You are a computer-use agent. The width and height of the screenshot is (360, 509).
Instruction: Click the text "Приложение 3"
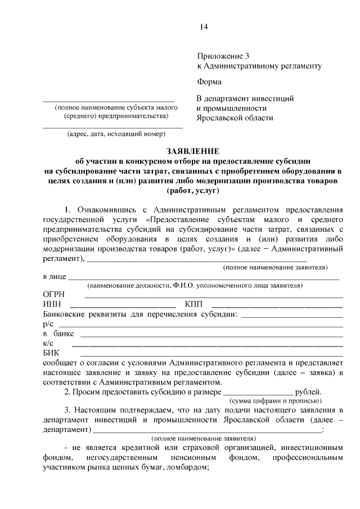point(222,56)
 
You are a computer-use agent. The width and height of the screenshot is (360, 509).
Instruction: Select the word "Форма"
point(209,82)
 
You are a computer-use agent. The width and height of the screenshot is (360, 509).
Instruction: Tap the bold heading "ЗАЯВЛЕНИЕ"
point(193,151)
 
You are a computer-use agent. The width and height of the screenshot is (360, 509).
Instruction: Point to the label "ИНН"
point(51,304)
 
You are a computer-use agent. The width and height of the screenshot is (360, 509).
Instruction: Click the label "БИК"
point(51,352)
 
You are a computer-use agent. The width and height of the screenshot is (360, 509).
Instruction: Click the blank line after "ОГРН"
point(214,297)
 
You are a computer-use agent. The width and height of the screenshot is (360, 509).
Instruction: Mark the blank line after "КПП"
point(276,307)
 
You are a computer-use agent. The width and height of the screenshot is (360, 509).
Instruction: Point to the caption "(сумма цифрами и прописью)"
point(276,401)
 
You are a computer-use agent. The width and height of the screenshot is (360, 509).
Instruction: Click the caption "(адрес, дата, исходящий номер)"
point(116,134)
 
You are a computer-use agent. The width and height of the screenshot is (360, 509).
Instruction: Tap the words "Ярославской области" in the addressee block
point(235,118)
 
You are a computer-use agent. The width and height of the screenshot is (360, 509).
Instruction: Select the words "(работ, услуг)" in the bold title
point(193,192)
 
